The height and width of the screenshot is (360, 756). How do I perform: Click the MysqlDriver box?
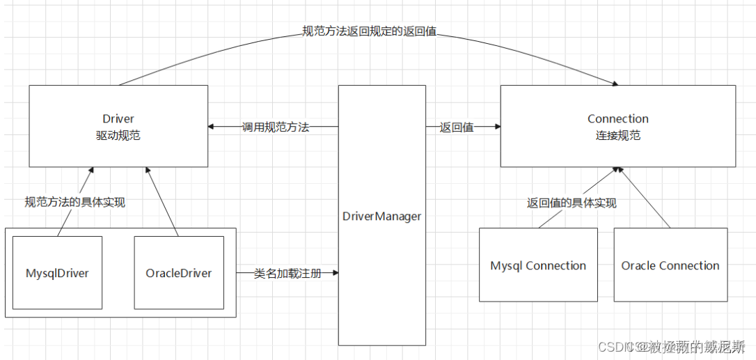click(57, 273)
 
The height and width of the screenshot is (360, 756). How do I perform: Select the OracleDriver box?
click(179, 273)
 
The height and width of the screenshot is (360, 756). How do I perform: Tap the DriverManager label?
click(381, 217)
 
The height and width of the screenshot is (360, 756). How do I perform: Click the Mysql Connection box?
click(538, 265)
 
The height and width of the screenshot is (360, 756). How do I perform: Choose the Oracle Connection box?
click(670, 265)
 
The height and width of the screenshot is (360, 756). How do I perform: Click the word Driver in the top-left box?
click(118, 119)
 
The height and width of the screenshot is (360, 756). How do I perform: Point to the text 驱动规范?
click(118, 136)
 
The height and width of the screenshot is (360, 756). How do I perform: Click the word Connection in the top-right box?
click(617, 119)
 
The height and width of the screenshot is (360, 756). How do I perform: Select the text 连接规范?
click(617, 136)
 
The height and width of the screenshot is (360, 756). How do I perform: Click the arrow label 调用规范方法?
click(275, 127)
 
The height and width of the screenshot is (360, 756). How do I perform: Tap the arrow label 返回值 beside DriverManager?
click(457, 127)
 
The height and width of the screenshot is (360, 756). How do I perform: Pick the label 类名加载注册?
click(288, 274)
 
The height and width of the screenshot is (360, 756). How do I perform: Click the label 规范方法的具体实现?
click(74, 203)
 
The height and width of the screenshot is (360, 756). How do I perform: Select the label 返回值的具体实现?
click(572, 203)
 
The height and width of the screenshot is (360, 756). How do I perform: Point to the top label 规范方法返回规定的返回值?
click(369, 31)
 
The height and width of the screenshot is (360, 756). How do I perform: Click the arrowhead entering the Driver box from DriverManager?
click(212, 127)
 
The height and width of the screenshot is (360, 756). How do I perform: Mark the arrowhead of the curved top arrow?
click(614, 84)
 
